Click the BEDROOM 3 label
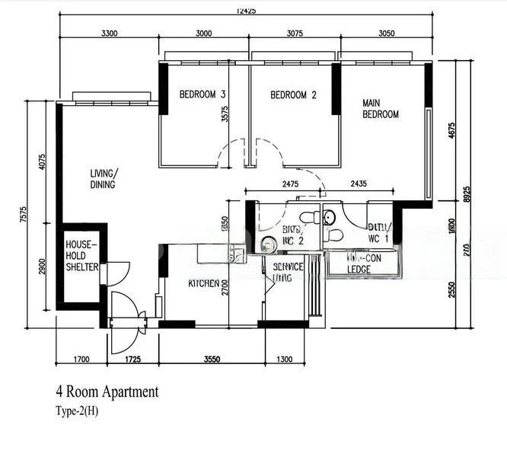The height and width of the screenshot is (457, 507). click(202, 95)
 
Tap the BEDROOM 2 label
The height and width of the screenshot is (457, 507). click(293, 95)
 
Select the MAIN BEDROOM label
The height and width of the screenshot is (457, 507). click(380, 108)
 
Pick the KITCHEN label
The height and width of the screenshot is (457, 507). click(204, 283)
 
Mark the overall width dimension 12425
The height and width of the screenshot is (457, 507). click(246, 10)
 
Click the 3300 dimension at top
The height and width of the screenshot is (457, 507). click(110, 33)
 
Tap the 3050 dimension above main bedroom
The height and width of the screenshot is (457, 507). click(387, 33)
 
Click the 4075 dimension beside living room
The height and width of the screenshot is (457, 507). click(43, 165)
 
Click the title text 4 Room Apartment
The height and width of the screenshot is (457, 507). click(107, 392)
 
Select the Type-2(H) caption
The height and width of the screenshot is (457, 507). click(76, 412)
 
